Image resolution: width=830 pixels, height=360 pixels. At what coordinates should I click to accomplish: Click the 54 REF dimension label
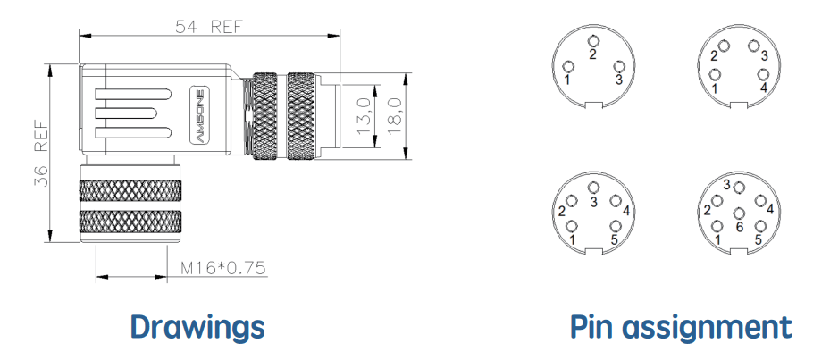tap(209, 27)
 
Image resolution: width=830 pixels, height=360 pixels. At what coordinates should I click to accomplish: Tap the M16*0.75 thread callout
tap(222, 268)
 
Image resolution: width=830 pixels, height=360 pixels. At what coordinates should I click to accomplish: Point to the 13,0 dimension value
tap(365, 116)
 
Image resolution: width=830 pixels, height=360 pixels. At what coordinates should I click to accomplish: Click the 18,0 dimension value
tap(395, 116)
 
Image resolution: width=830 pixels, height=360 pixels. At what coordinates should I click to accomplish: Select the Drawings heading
tap(197, 327)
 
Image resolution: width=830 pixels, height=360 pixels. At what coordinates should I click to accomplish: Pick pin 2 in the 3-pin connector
tap(593, 41)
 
